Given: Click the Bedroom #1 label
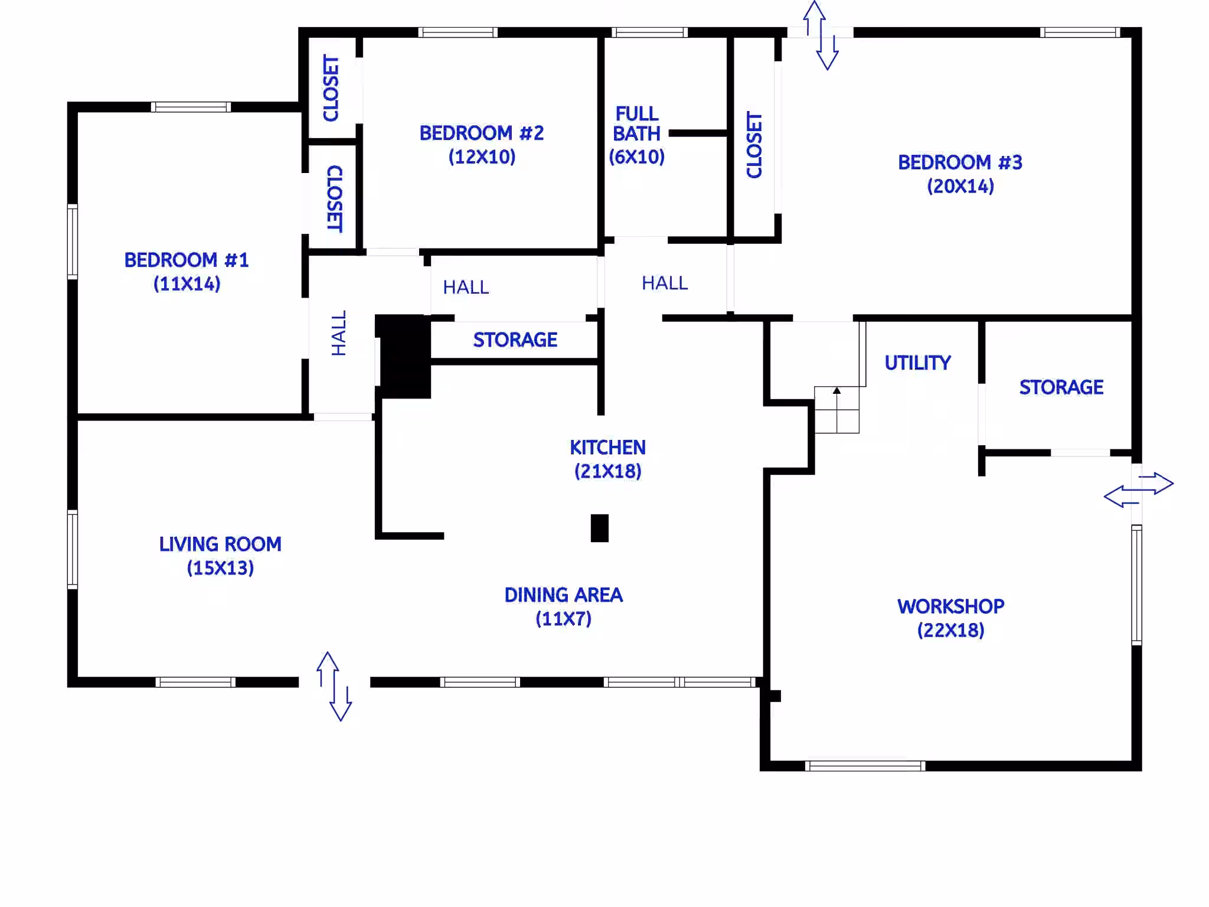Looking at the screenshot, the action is (x=187, y=260).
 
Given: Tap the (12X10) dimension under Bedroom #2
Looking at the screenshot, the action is (x=482, y=157).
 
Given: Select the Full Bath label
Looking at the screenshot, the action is (x=636, y=123).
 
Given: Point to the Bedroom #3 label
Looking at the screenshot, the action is (x=960, y=162).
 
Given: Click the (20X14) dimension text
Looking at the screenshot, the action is (x=960, y=187).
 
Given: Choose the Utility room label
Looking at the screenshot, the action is (x=917, y=363).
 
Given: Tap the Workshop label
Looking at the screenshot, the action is (x=950, y=606).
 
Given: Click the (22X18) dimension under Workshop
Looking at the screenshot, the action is (x=950, y=631).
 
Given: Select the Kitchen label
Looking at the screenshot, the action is (x=607, y=448).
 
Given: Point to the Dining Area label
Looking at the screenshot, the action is (x=563, y=595).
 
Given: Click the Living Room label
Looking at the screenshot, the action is (x=220, y=544).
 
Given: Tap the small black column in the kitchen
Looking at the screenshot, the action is (x=599, y=528).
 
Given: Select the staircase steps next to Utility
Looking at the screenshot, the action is (x=837, y=410).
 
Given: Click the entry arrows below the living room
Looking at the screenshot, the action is (x=334, y=686).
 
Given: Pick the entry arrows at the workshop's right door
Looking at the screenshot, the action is (x=1139, y=490).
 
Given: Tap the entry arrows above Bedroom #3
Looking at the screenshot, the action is (x=821, y=35).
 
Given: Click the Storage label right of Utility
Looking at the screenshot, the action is (x=1061, y=387).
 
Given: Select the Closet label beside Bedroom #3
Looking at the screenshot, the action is (x=754, y=145).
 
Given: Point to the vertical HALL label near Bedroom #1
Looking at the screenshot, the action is (x=338, y=334).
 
